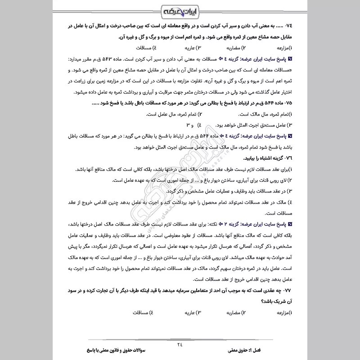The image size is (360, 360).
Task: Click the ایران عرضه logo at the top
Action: (180, 10)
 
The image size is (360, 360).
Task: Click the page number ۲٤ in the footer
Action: (180, 344)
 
